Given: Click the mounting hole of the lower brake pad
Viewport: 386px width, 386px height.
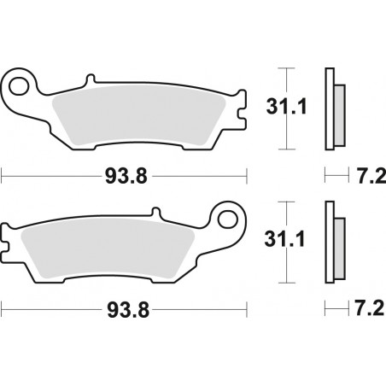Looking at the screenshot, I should point(229,217).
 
